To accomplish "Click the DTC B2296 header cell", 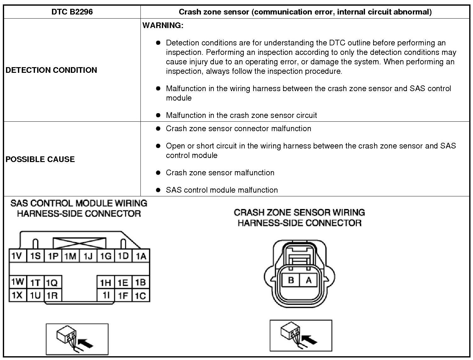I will (72, 12).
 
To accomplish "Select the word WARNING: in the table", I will (163, 26).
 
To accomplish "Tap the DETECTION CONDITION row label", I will (51, 70).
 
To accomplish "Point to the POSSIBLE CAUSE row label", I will (40, 159).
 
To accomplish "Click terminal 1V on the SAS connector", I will (17, 256).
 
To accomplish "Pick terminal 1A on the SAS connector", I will (141, 256).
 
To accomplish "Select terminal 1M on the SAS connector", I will (71, 256).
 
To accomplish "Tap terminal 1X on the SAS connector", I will (17, 295).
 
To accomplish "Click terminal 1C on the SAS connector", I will (140, 295).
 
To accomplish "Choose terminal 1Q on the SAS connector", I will (52, 282).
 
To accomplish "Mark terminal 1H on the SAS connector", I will (105, 282).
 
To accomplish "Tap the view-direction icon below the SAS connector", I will (77, 339).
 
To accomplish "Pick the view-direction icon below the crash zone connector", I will (301, 335).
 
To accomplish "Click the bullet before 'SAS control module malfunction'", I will (158, 190).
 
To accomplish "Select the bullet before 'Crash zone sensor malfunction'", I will (158, 172).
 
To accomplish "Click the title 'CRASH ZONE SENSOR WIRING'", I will (299, 212).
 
